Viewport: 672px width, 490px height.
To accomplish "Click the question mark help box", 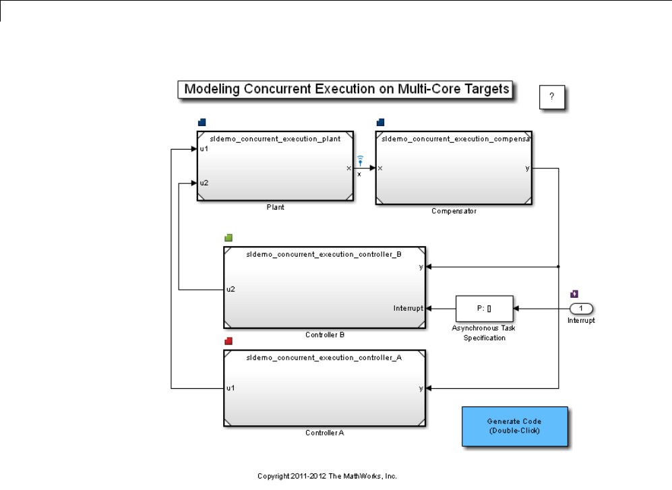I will pyautogui.click(x=551, y=97).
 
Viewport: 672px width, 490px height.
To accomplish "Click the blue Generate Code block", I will pyautogui.click(x=514, y=426).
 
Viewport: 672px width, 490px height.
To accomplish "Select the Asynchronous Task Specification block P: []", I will pyautogui.click(x=484, y=309).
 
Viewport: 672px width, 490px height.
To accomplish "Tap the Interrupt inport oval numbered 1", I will pyautogui.click(x=580, y=309).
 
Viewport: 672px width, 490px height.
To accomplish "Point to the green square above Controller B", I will pyautogui.click(x=228, y=238).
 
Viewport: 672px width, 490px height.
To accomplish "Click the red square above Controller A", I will pyautogui.click(x=228, y=341).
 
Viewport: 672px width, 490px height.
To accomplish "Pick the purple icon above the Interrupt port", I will pyautogui.click(x=574, y=294).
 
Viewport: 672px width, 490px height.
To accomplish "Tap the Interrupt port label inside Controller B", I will pyautogui.click(x=408, y=309).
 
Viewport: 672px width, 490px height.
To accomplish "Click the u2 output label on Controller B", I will pyautogui.click(x=231, y=289).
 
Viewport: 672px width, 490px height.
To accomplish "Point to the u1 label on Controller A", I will pyautogui.click(x=231, y=388).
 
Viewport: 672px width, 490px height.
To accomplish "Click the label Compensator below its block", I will pyautogui.click(x=454, y=211).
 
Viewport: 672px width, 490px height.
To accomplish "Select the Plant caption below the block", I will pyautogui.click(x=275, y=208).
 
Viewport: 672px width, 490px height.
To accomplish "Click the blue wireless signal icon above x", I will pyautogui.click(x=360, y=160).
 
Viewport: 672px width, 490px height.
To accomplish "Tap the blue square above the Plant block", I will pyautogui.click(x=202, y=122).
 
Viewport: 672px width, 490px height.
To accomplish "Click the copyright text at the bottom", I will pyautogui.click(x=327, y=475).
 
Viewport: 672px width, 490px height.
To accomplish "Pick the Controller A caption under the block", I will pyautogui.click(x=324, y=433).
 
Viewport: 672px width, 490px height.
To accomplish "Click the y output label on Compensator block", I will pyautogui.click(x=527, y=168).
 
